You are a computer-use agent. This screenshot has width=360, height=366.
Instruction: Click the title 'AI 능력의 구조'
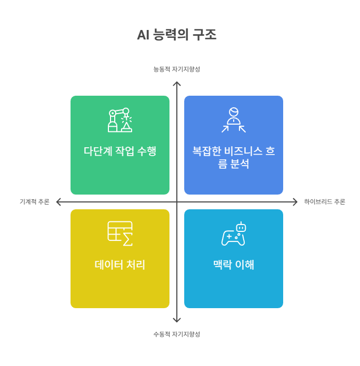click(177, 35)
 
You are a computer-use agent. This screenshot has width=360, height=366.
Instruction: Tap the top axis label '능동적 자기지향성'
click(177, 69)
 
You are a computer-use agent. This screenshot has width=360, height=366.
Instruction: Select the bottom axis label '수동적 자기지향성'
click(177, 334)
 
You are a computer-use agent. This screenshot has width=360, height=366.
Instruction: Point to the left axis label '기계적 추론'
click(34, 201)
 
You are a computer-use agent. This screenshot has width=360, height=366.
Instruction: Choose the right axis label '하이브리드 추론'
click(324, 201)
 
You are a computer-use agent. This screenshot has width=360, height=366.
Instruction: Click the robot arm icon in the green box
click(120, 120)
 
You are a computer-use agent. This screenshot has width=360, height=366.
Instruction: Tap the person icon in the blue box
click(234, 120)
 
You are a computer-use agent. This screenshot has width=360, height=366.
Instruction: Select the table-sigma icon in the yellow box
click(120, 233)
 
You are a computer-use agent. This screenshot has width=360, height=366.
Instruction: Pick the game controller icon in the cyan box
click(234, 233)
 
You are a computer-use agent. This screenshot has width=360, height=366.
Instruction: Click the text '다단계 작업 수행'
click(120, 151)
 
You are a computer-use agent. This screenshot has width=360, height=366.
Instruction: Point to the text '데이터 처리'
click(120, 265)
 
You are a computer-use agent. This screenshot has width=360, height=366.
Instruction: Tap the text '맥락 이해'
click(234, 265)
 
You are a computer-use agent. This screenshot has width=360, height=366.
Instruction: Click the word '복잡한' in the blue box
click(207, 151)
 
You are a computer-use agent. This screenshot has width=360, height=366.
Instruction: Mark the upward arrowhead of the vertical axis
click(177, 83)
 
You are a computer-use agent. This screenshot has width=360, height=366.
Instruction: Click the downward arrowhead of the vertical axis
click(177, 320)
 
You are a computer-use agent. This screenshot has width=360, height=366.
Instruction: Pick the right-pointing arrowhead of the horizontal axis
click(295, 201)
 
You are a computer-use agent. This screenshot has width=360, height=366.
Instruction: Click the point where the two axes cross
click(177, 201)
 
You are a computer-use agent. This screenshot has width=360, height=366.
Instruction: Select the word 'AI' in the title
click(143, 35)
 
